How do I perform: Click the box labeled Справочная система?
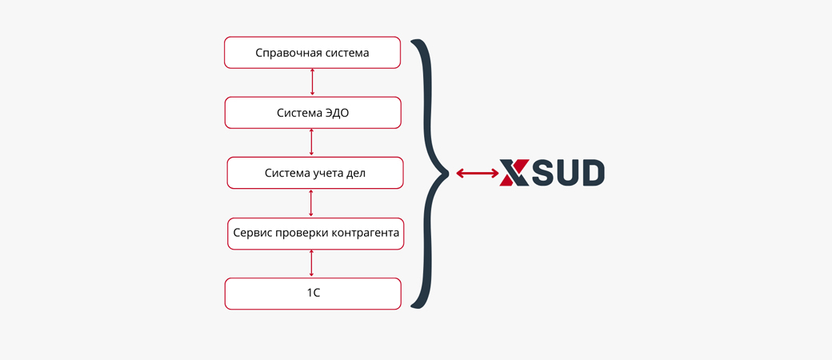[x=312, y=53]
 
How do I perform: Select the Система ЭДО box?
[x=312, y=113]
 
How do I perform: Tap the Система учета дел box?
[x=314, y=173]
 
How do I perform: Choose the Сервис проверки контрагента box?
[x=315, y=234]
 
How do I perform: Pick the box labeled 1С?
[x=312, y=294]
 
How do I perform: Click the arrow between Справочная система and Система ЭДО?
[x=312, y=83]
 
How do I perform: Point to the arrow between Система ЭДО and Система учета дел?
[x=311, y=142]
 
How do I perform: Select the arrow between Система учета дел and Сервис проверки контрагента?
[x=311, y=203]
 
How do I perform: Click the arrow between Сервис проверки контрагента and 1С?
[x=311, y=264]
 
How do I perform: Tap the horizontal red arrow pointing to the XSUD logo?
[x=477, y=173]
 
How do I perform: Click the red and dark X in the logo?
[x=514, y=173]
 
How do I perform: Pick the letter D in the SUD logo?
[x=591, y=173]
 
